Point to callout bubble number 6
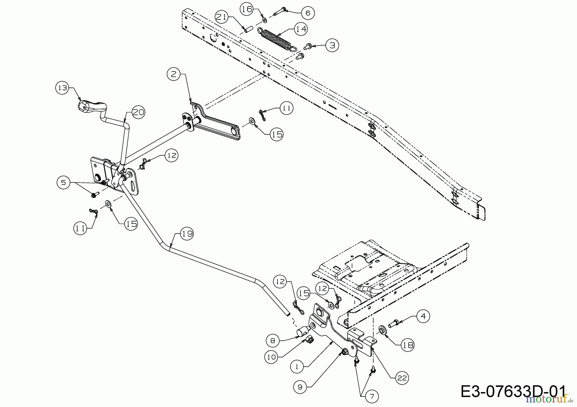click(308, 13)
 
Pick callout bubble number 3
click(332, 45)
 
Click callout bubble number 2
click(173, 75)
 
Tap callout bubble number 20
click(138, 112)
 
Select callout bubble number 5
click(63, 182)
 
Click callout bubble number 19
click(187, 234)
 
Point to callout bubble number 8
click(272, 341)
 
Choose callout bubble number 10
click(272, 357)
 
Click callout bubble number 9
click(300, 387)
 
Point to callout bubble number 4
click(423, 316)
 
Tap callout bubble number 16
click(247, 9)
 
